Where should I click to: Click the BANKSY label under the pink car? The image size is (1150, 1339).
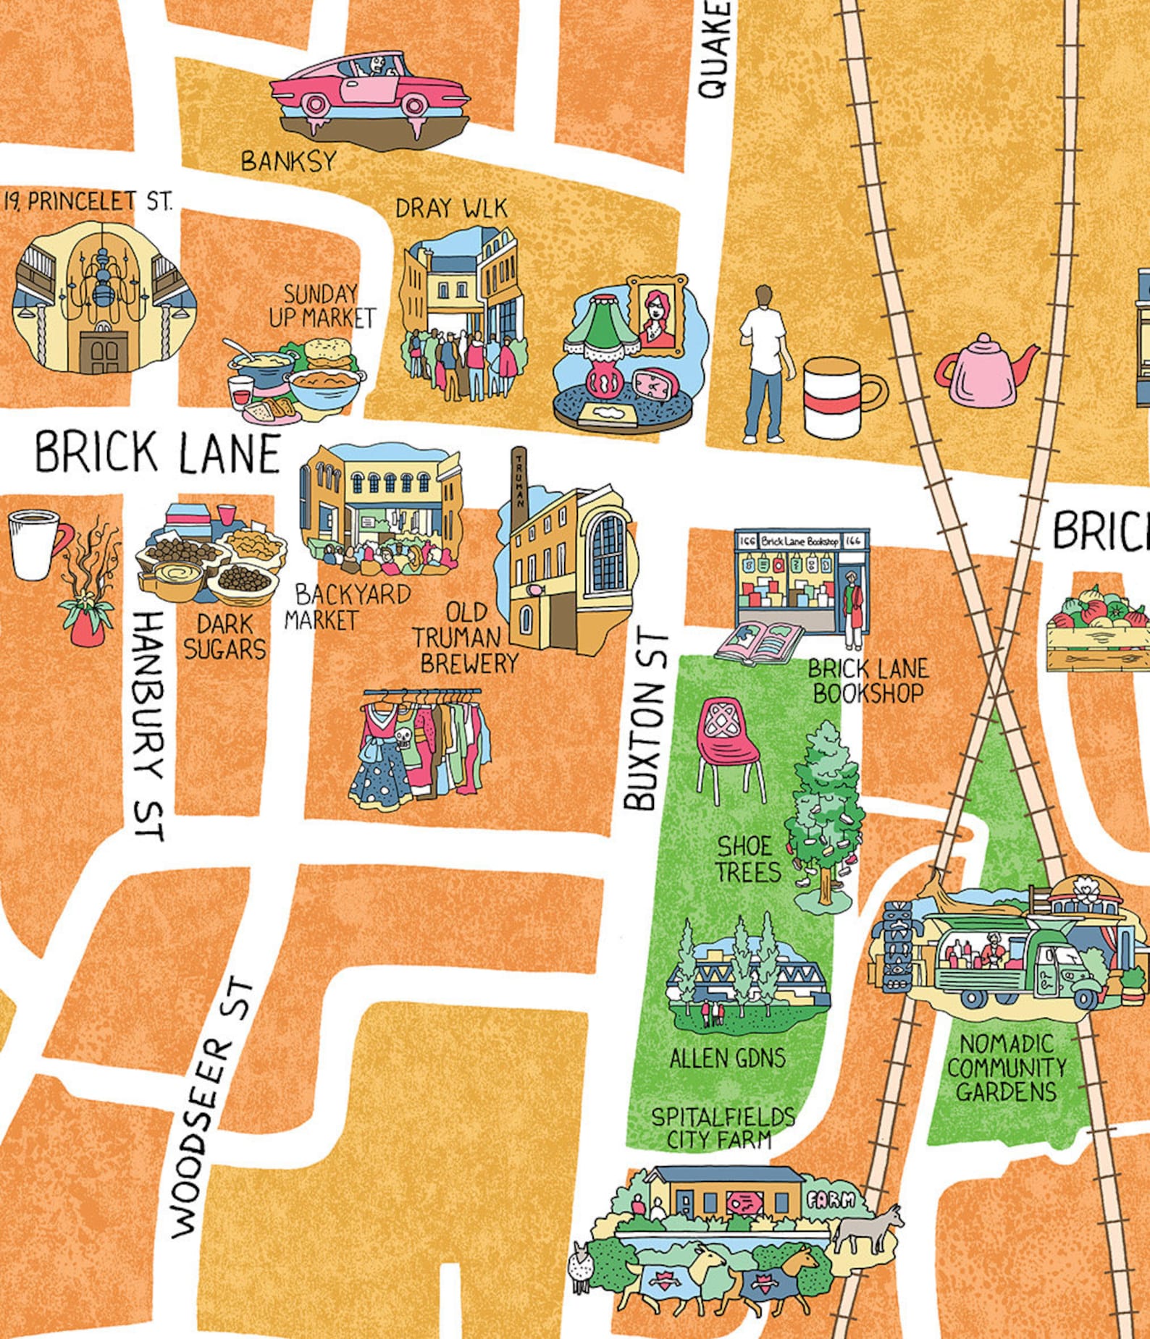pyautogui.click(x=289, y=161)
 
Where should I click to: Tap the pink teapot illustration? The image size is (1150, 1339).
pyautogui.click(x=986, y=371)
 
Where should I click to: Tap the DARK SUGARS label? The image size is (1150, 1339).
pyautogui.click(x=225, y=637)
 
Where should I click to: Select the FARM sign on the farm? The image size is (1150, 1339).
pyautogui.click(x=831, y=1200)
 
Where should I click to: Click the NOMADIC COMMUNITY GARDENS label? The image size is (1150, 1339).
pyautogui.click(x=1007, y=1068)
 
